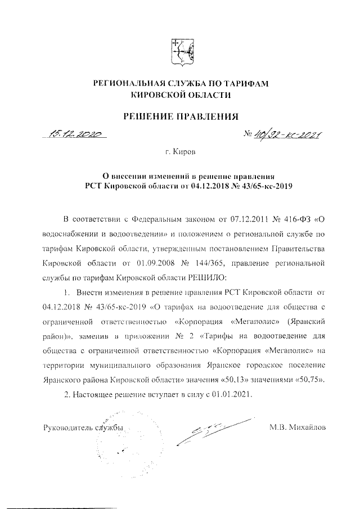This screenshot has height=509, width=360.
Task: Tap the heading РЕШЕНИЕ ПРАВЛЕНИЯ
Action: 181,116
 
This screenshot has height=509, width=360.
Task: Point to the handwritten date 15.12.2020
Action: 74,134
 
